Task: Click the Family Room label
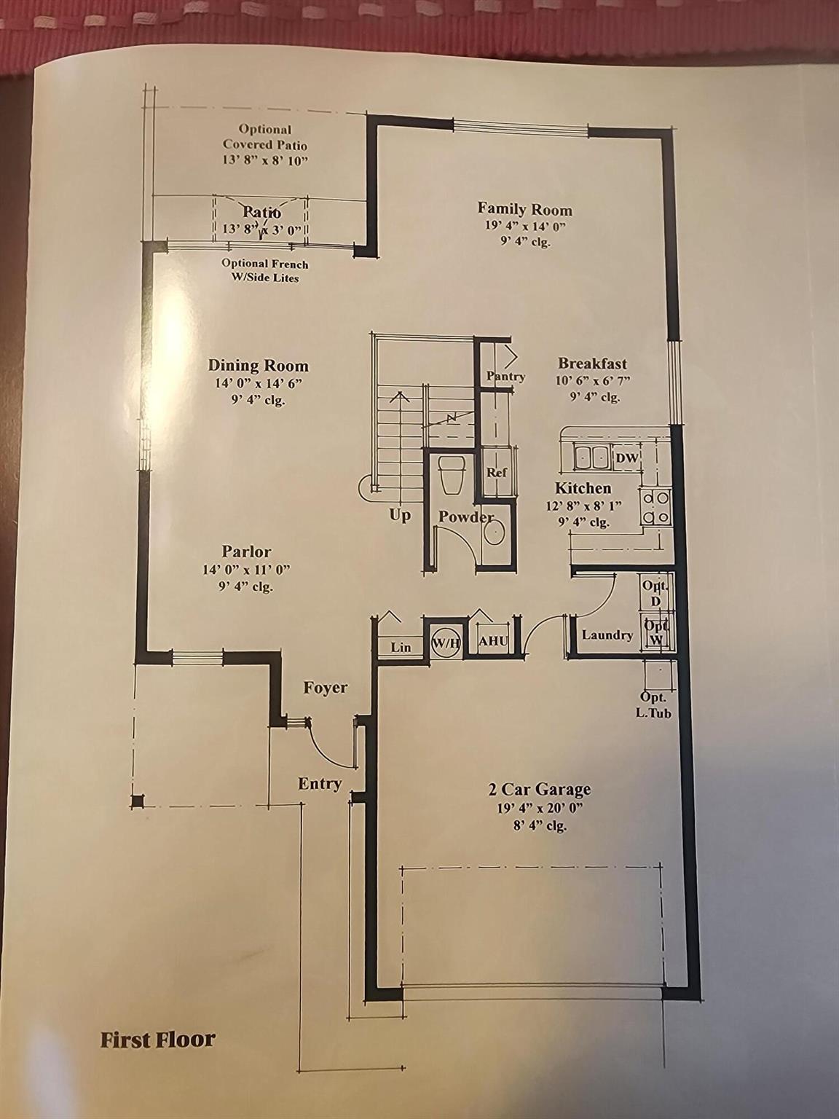coord(524,209)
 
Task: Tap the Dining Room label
coord(259,366)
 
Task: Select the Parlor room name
coord(247,551)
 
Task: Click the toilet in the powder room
coord(453,474)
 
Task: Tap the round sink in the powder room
coord(494,534)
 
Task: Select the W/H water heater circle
coord(446,643)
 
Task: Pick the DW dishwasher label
coord(626,458)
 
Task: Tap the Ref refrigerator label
coord(496,473)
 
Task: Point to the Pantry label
coord(505,377)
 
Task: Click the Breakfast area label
coord(592,364)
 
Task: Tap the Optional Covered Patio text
coord(265,137)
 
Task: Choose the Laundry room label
coord(607,635)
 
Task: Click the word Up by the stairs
coord(400,515)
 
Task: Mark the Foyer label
coord(325,688)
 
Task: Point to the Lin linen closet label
coord(401,648)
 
